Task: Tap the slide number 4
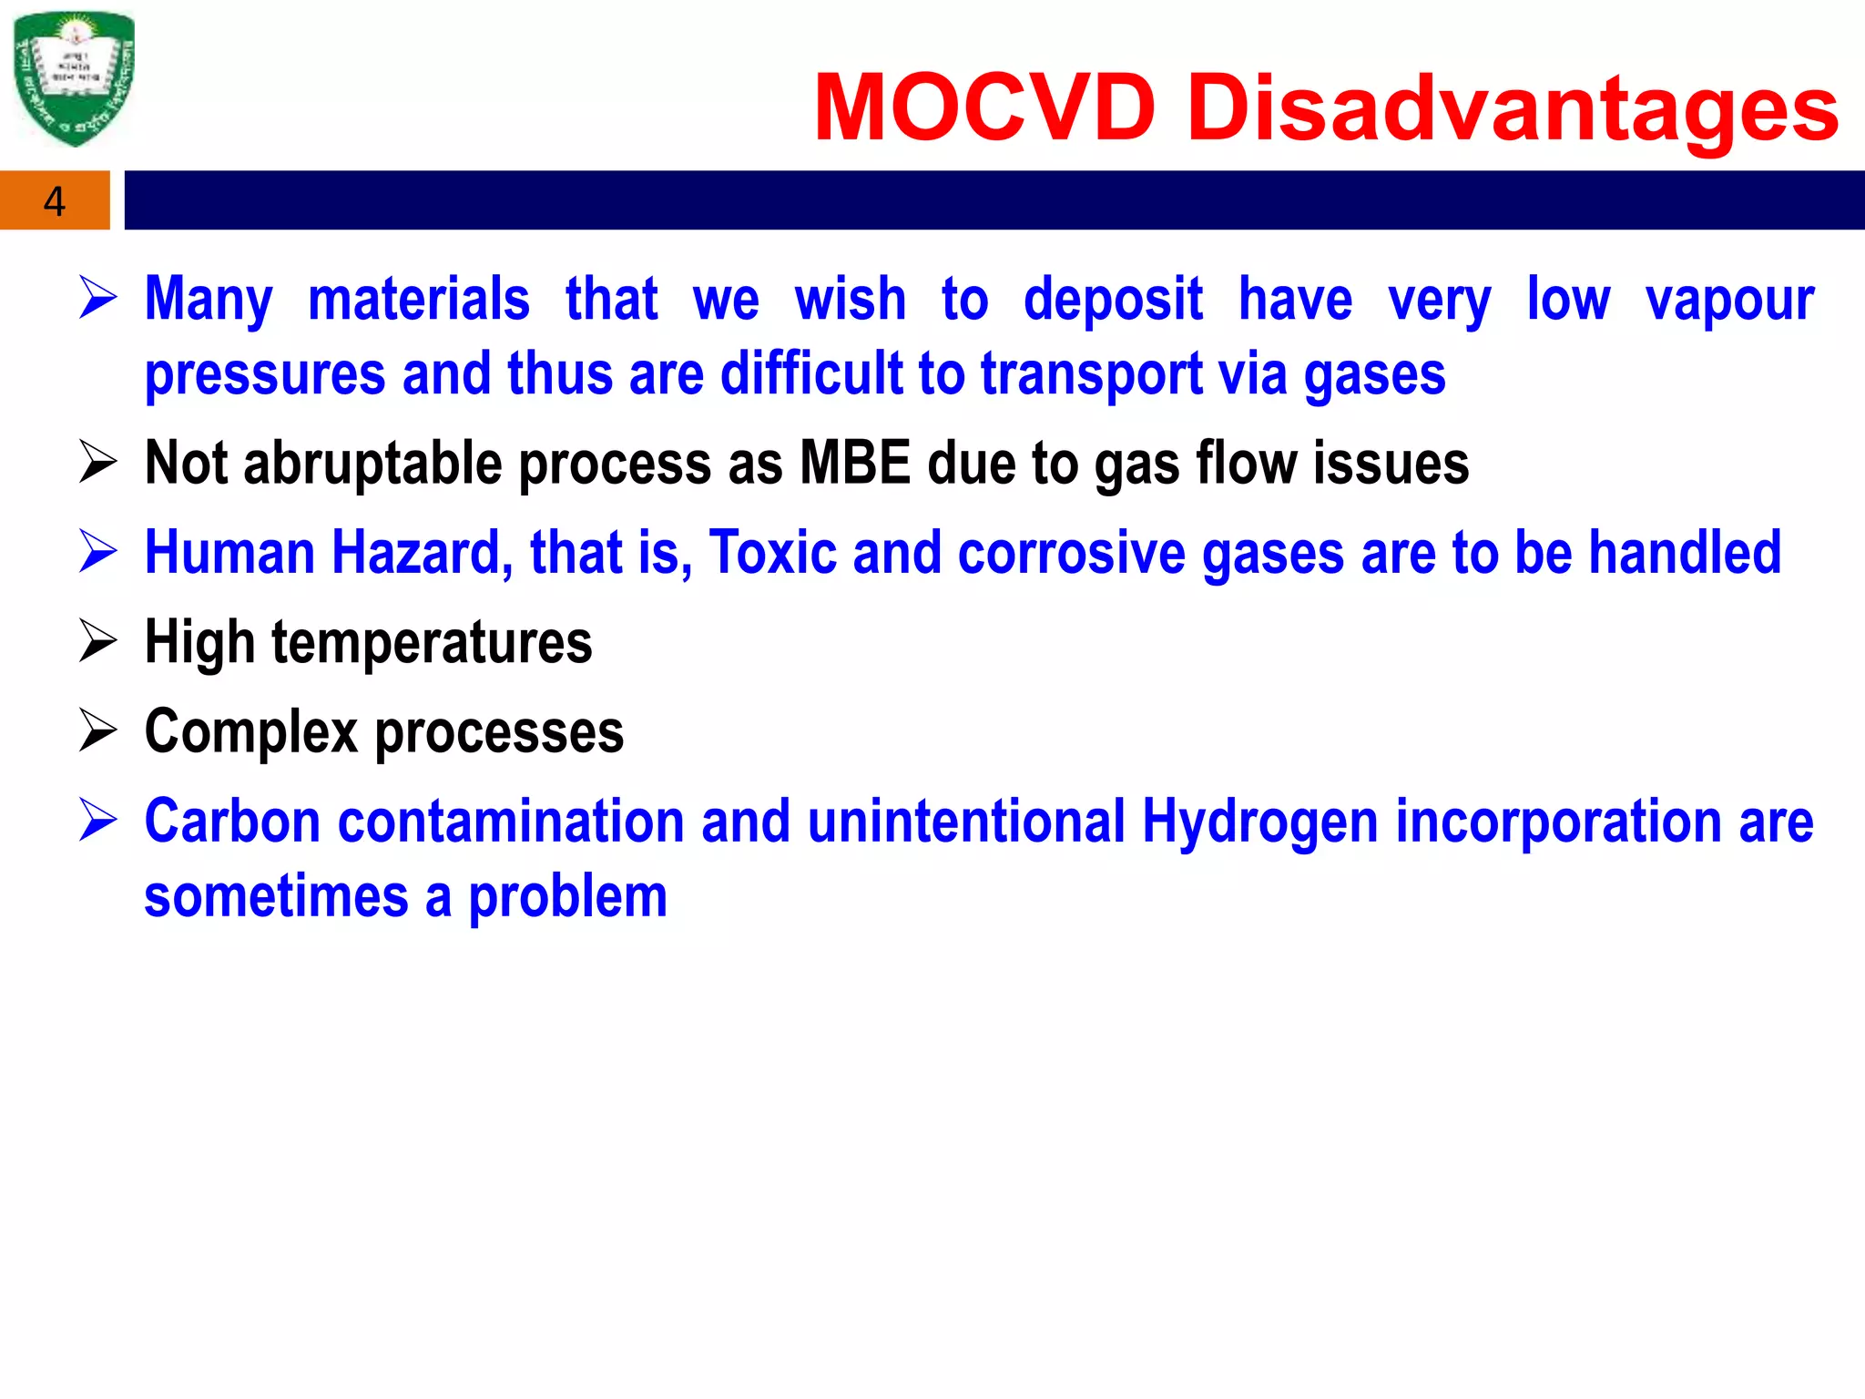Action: click(55, 201)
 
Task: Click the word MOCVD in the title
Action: click(984, 108)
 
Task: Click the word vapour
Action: click(1729, 301)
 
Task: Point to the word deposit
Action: click(1113, 301)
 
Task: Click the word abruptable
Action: click(372, 464)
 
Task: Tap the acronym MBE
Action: click(854, 463)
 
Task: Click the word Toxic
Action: click(772, 553)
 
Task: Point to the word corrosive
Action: click(1072, 553)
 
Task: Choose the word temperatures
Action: click(432, 643)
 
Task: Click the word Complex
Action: click(251, 732)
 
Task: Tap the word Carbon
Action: click(232, 822)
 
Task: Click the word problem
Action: click(568, 897)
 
